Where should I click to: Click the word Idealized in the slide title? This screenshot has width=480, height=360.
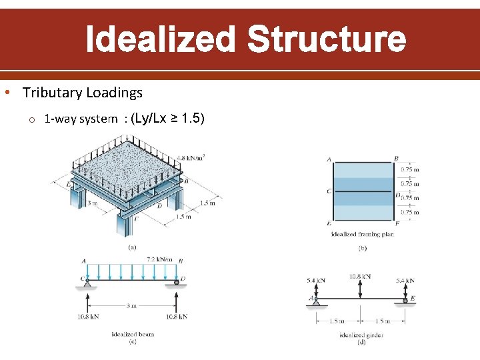pos(161,39)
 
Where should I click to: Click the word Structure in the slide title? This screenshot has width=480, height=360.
pos(326,39)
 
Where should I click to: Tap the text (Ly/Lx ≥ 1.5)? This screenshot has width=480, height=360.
pos(169,119)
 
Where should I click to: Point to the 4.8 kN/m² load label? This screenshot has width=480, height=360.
pos(191,159)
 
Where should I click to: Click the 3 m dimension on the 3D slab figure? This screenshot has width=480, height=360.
pos(93,202)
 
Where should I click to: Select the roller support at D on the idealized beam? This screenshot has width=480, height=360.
pos(177,283)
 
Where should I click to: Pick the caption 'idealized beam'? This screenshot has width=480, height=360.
pos(133,334)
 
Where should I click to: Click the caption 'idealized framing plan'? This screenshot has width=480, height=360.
pos(363,235)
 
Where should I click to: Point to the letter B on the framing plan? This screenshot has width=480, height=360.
pos(397,159)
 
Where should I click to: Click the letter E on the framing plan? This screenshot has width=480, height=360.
pos(329,223)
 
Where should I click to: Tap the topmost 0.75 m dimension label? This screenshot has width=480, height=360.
pos(409,169)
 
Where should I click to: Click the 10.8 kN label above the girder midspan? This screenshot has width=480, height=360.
pos(360,276)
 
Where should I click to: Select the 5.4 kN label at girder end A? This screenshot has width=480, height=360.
pos(317,281)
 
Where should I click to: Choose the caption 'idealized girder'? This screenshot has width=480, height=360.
pos(361,334)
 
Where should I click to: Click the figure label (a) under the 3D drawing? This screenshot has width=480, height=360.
pos(132,245)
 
